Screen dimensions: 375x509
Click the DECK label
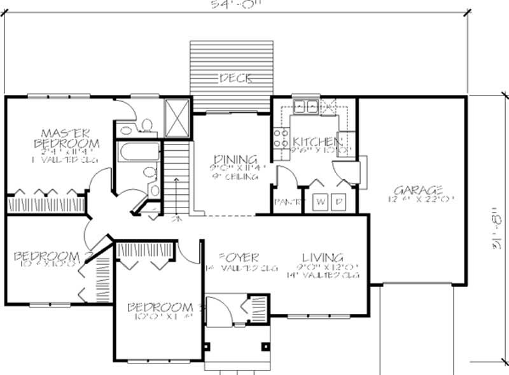click(x=235, y=79)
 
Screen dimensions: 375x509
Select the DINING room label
click(x=235, y=159)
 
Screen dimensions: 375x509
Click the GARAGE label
click(x=418, y=190)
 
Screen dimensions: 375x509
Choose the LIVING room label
click(x=323, y=257)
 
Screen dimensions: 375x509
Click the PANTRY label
click(x=286, y=202)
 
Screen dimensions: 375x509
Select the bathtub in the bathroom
click(x=138, y=153)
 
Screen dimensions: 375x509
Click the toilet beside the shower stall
click(x=146, y=125)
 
